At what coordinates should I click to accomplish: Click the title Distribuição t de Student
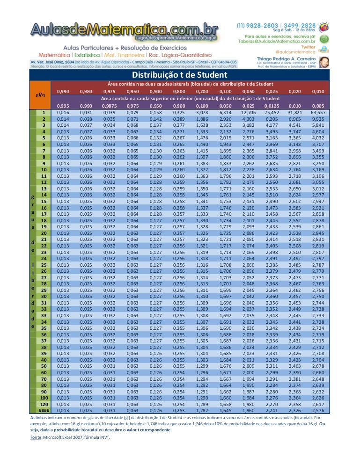pyautogui.click(x=180, y=75)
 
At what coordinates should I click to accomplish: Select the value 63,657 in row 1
pyautogui.click(x=318, y=113)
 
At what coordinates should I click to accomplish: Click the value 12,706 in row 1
pyautogui.click(x=248, y=113)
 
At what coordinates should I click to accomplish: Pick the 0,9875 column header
pyautogui.click(x=109, y=106)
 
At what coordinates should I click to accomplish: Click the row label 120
pyautogui.click(x=44, y=404)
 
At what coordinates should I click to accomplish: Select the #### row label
pyautogui.click(x=44, y=410)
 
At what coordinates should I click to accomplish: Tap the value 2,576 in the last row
pyautogui.click(x=318, y=410)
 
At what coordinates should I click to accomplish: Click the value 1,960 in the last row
pyautogui.click(x=248, y=410)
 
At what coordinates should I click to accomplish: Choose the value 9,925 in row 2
pyautogui.click(x=318, y=119)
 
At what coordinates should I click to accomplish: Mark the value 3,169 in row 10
pyautogui.click(x=318, y=169)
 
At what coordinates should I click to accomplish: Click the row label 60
pyautogui.click(x=44, y=372)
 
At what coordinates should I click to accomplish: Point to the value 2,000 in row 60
pyautogui.click(x=248, y=372)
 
